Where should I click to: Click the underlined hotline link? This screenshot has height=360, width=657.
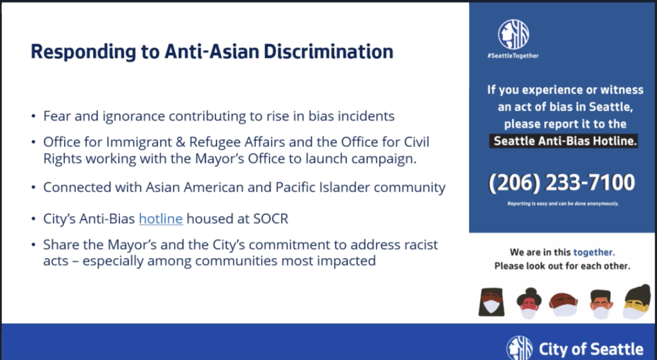[x=161, y=219]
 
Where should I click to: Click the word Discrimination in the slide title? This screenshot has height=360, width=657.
[x=328, y=51]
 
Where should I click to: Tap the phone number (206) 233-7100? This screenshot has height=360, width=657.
[x=561, y=183]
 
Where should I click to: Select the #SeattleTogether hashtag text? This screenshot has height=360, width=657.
[x=513, y=56]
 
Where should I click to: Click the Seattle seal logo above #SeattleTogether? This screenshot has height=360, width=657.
[x=513, y=35]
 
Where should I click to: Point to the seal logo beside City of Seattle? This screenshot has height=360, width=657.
[x=520, y=347]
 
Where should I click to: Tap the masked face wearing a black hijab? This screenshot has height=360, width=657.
[x=491, y=302]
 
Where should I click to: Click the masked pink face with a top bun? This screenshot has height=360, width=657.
[x=529, y=304]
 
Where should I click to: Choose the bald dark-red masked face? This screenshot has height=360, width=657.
[x=563, y=305]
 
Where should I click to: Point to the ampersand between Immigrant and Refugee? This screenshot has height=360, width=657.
[x=180, y=142]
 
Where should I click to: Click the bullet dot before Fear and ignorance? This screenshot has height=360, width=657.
[x=33, y=116]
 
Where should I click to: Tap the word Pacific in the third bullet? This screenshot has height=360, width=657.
[x=294, y=187]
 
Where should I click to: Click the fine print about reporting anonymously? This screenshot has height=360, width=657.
[x=563, y=203]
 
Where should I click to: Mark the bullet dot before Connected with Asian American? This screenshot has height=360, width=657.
[x=33, y=187]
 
